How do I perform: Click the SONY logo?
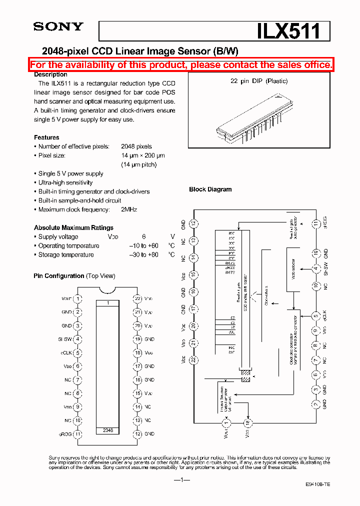(x=58, y=27)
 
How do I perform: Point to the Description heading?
(x=50, y=74)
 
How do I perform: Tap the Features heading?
(x=46, y=137)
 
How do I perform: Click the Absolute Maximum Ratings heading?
(x=73, y=227)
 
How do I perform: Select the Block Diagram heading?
(x=210, y=189)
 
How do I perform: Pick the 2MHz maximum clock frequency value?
(x=129, y=209)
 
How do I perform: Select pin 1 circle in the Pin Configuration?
(x=77, y=299)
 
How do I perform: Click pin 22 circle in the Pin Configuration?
(x=137, y=299)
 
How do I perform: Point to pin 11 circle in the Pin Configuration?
(x=77, y=434)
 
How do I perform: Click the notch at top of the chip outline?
(x=107, y=290)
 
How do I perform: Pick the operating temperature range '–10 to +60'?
(x=143, y=245)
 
